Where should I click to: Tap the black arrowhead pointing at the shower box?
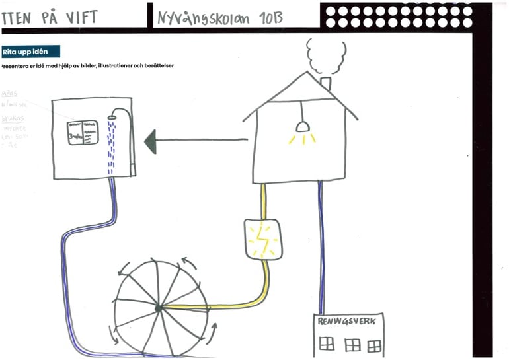click(x=150, y=140)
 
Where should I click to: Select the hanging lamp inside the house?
click(x=302, y=126)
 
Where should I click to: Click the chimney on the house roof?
click(x=325, y=84)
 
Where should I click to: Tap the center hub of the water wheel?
click(x=159, y=308)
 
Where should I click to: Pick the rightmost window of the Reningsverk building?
click(x=375, y=345)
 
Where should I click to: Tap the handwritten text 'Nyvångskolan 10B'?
click(x=219, y=17)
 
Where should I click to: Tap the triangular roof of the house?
click(x=301, y=96)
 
